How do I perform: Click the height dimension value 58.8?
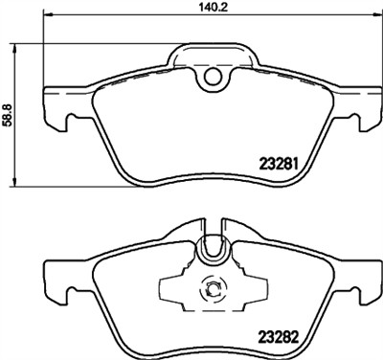click(x=9, y=114)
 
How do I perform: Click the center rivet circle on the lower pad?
click(x=210, y=287)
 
